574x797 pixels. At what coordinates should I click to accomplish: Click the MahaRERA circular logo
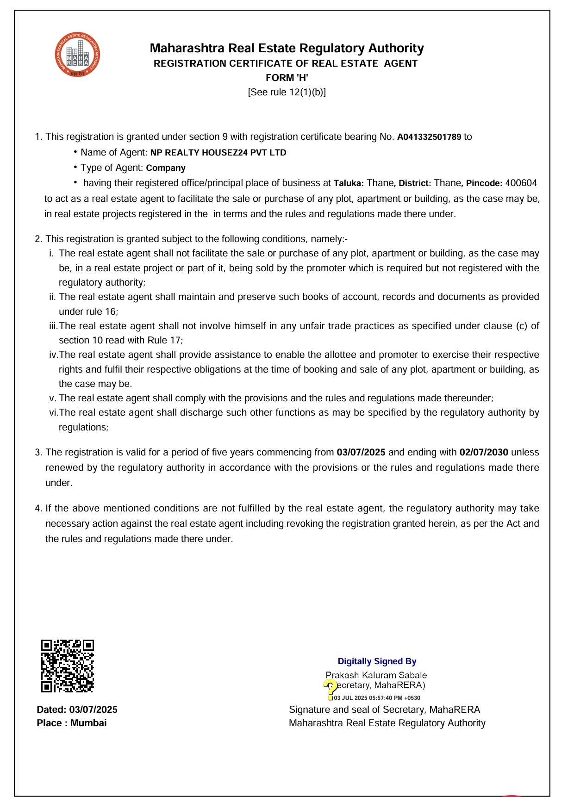coord(77,55)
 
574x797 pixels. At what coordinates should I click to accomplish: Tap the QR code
coord(68,666)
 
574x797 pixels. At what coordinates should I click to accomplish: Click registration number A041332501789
coord(429,137)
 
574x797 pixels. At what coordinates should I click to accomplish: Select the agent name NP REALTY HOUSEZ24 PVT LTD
coord(218,153)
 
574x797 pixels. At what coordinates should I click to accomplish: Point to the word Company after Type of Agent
coord(166,168)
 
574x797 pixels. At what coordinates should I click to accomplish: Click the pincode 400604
coord(521,183)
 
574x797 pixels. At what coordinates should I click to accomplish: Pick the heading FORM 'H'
coord(287,78)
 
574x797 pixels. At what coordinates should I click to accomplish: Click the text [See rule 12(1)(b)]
coord(287,92)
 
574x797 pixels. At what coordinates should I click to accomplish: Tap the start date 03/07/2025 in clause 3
coord(361,452)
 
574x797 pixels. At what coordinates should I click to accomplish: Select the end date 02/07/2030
coord(484,452)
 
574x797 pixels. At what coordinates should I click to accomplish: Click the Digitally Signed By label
coord(377,661)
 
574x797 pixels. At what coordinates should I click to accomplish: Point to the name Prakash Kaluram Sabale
coord(376,675)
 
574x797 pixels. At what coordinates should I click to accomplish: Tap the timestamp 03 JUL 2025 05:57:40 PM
coord(377,698)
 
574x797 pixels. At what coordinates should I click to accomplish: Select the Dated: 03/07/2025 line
coord(77,710)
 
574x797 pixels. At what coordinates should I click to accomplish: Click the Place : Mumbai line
coord(72,723)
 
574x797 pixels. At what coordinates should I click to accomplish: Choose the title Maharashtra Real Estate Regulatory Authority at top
coord(287,48)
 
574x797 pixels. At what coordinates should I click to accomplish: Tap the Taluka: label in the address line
coord(349,183)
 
